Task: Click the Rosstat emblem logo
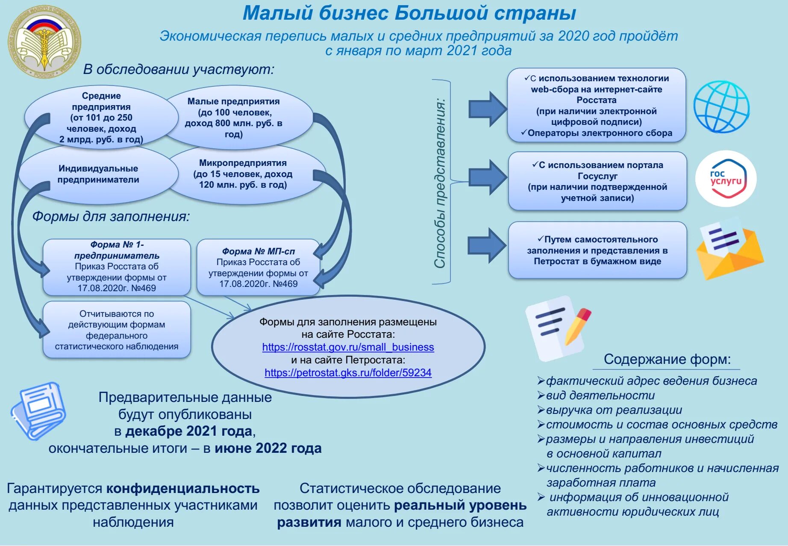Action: (x=44, y=42)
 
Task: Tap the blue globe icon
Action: (x=721, y=107)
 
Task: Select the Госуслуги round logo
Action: (x=726, y=179)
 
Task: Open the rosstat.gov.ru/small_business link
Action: (x=348, y=347)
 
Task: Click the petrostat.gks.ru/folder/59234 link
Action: (x=348, y=373)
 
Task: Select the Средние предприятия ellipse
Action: (x=101, y=117)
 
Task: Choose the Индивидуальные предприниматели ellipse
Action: (x=98, y=174)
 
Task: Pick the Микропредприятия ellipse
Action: (x=243, y=174)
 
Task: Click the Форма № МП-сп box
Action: (x=258, y=268)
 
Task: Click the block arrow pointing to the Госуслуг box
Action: (x=487, y=177)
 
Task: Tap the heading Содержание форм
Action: (x=667, y=359)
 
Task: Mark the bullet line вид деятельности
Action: (x=600, y=395)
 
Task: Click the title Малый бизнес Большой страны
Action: (x=409, y=13)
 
